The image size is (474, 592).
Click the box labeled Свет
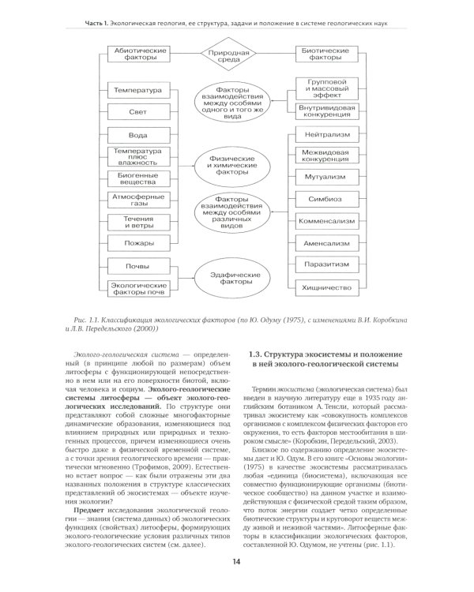pos(138,112)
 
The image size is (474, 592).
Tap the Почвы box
pos(138,266)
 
